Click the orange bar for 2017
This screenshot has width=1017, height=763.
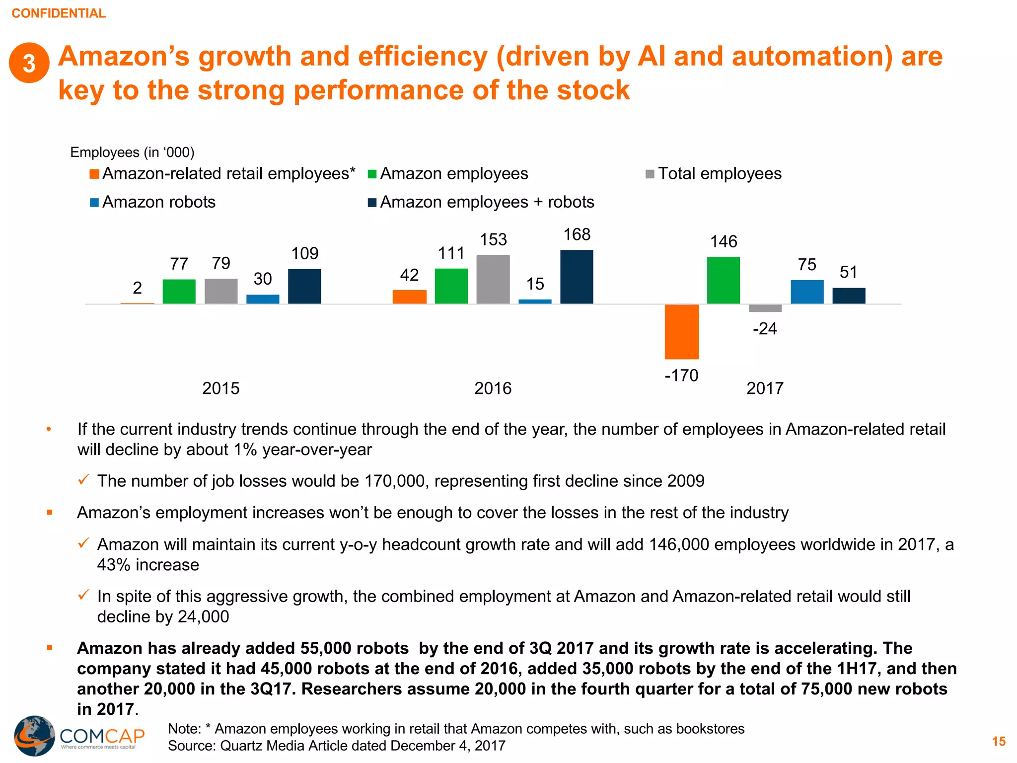point(681,331)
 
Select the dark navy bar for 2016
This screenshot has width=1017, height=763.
point(577,277)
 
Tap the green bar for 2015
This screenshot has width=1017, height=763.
point(179,291)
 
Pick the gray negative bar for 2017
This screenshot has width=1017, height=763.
point(765,308)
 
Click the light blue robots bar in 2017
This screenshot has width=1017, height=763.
point(807,292)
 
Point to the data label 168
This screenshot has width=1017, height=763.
point(577,234)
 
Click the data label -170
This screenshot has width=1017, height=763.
point(681,375)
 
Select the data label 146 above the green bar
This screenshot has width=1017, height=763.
point(724,241)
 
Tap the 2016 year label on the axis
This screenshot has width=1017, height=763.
point(493,388)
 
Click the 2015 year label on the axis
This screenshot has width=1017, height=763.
point(220,388)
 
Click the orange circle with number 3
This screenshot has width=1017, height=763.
point(29,63)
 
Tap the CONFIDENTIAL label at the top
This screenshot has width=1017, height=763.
point(59,13)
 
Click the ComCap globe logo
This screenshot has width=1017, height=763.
point(34,736)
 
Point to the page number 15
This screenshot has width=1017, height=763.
point(998,741)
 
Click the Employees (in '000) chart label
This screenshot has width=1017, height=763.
point(132,152)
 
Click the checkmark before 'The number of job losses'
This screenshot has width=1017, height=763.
point(83,480)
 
